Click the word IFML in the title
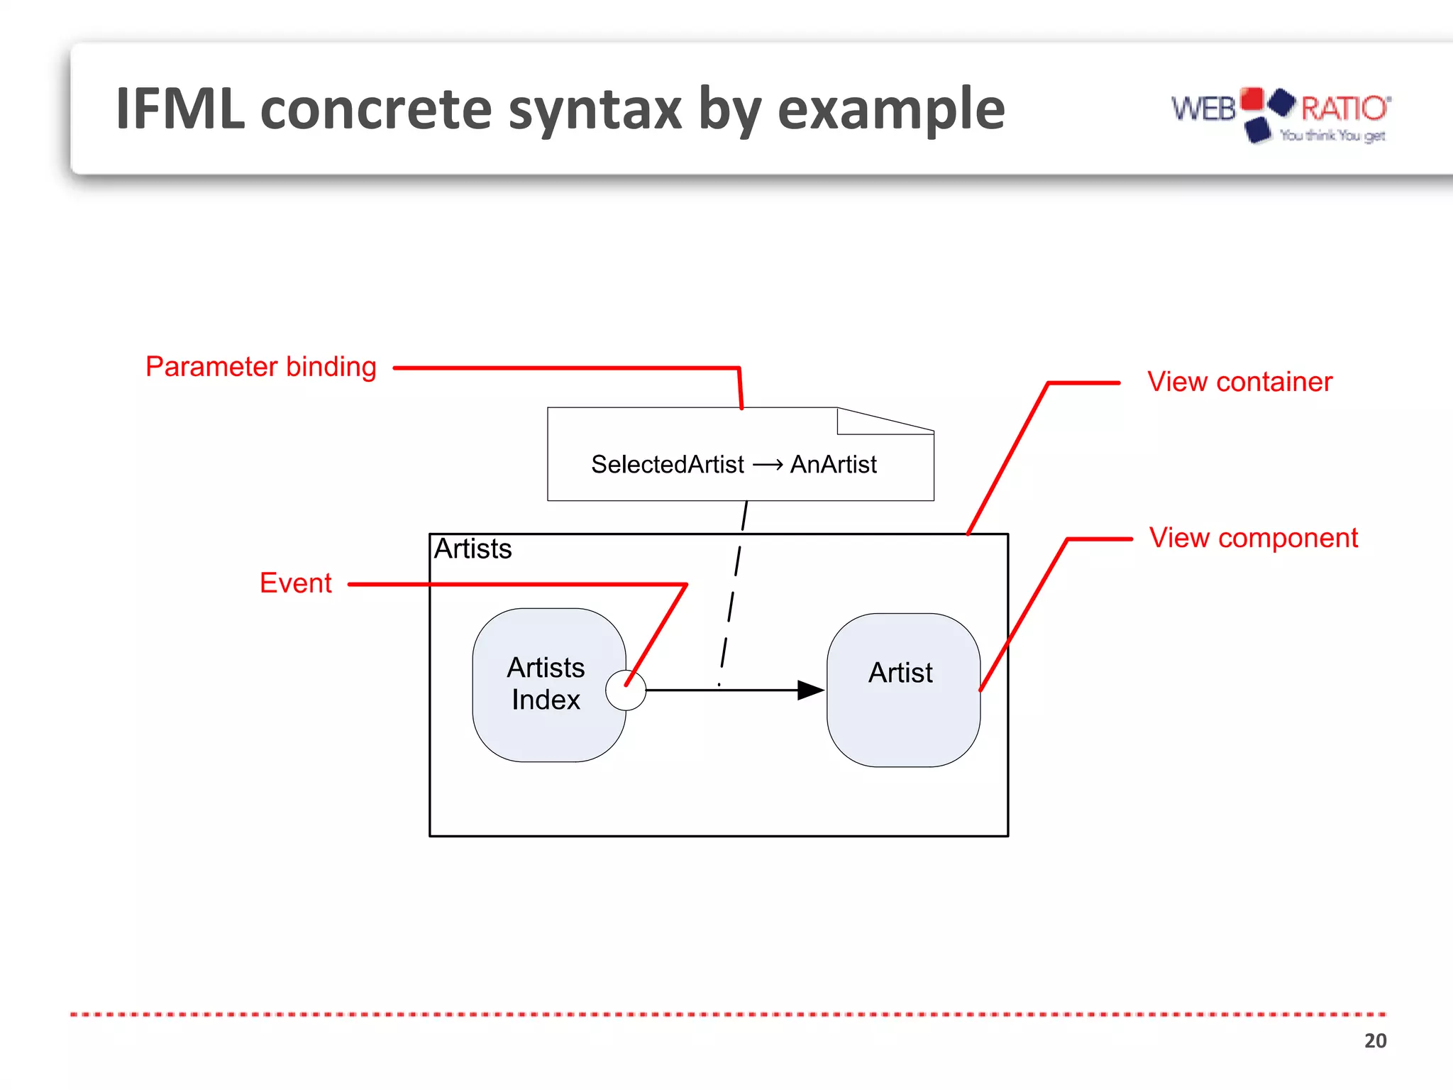(x=180, y=109)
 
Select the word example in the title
(x=891, y=111)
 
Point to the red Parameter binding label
(x=260, y=367)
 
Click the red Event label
(x=295, y=583)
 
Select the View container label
(x=1239, y=382)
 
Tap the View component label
(x=1253, y=538)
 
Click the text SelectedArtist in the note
(x=667, y=465)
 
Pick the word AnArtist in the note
(x=833, y=465)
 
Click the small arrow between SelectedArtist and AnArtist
(x=767, y=466)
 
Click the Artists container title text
(x=473, y=549)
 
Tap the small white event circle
(x=626, y=690)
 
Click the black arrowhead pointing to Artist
(x=810, y=690)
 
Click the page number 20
(x=1374, y=1040)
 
